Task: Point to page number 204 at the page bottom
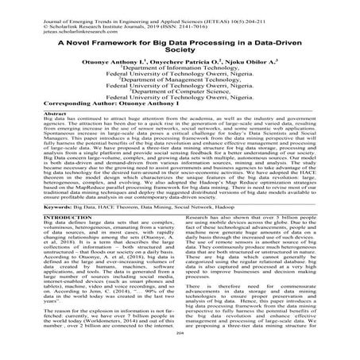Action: [180, 355]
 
